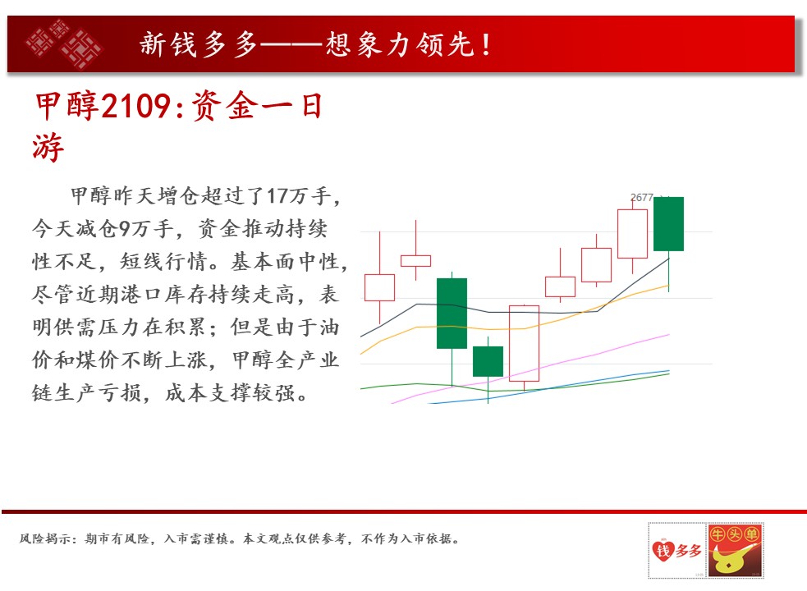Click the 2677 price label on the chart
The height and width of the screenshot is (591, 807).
coord(642,198)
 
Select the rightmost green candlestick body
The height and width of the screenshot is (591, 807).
coord(668,224)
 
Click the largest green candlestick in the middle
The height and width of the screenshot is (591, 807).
coord(452,313)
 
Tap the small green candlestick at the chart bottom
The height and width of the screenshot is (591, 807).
coord(488,361)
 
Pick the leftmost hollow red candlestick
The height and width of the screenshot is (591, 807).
coord(380,287)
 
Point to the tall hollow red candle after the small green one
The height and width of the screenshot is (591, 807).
coord(524,343)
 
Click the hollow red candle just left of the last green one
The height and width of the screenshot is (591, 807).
coord(632,234)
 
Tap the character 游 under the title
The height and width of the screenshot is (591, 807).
coord(48,147)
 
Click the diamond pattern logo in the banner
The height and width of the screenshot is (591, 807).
coord(65,44)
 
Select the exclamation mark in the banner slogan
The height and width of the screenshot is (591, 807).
coord(486,44)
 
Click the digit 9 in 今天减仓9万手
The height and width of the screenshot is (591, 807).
coord(124,228)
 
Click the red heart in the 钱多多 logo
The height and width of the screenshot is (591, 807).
coord(663,550)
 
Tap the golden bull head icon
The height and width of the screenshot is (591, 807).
coord(731,560)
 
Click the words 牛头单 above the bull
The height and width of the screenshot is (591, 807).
coord(735,534)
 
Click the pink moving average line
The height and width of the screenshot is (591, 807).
coord(530,369)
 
